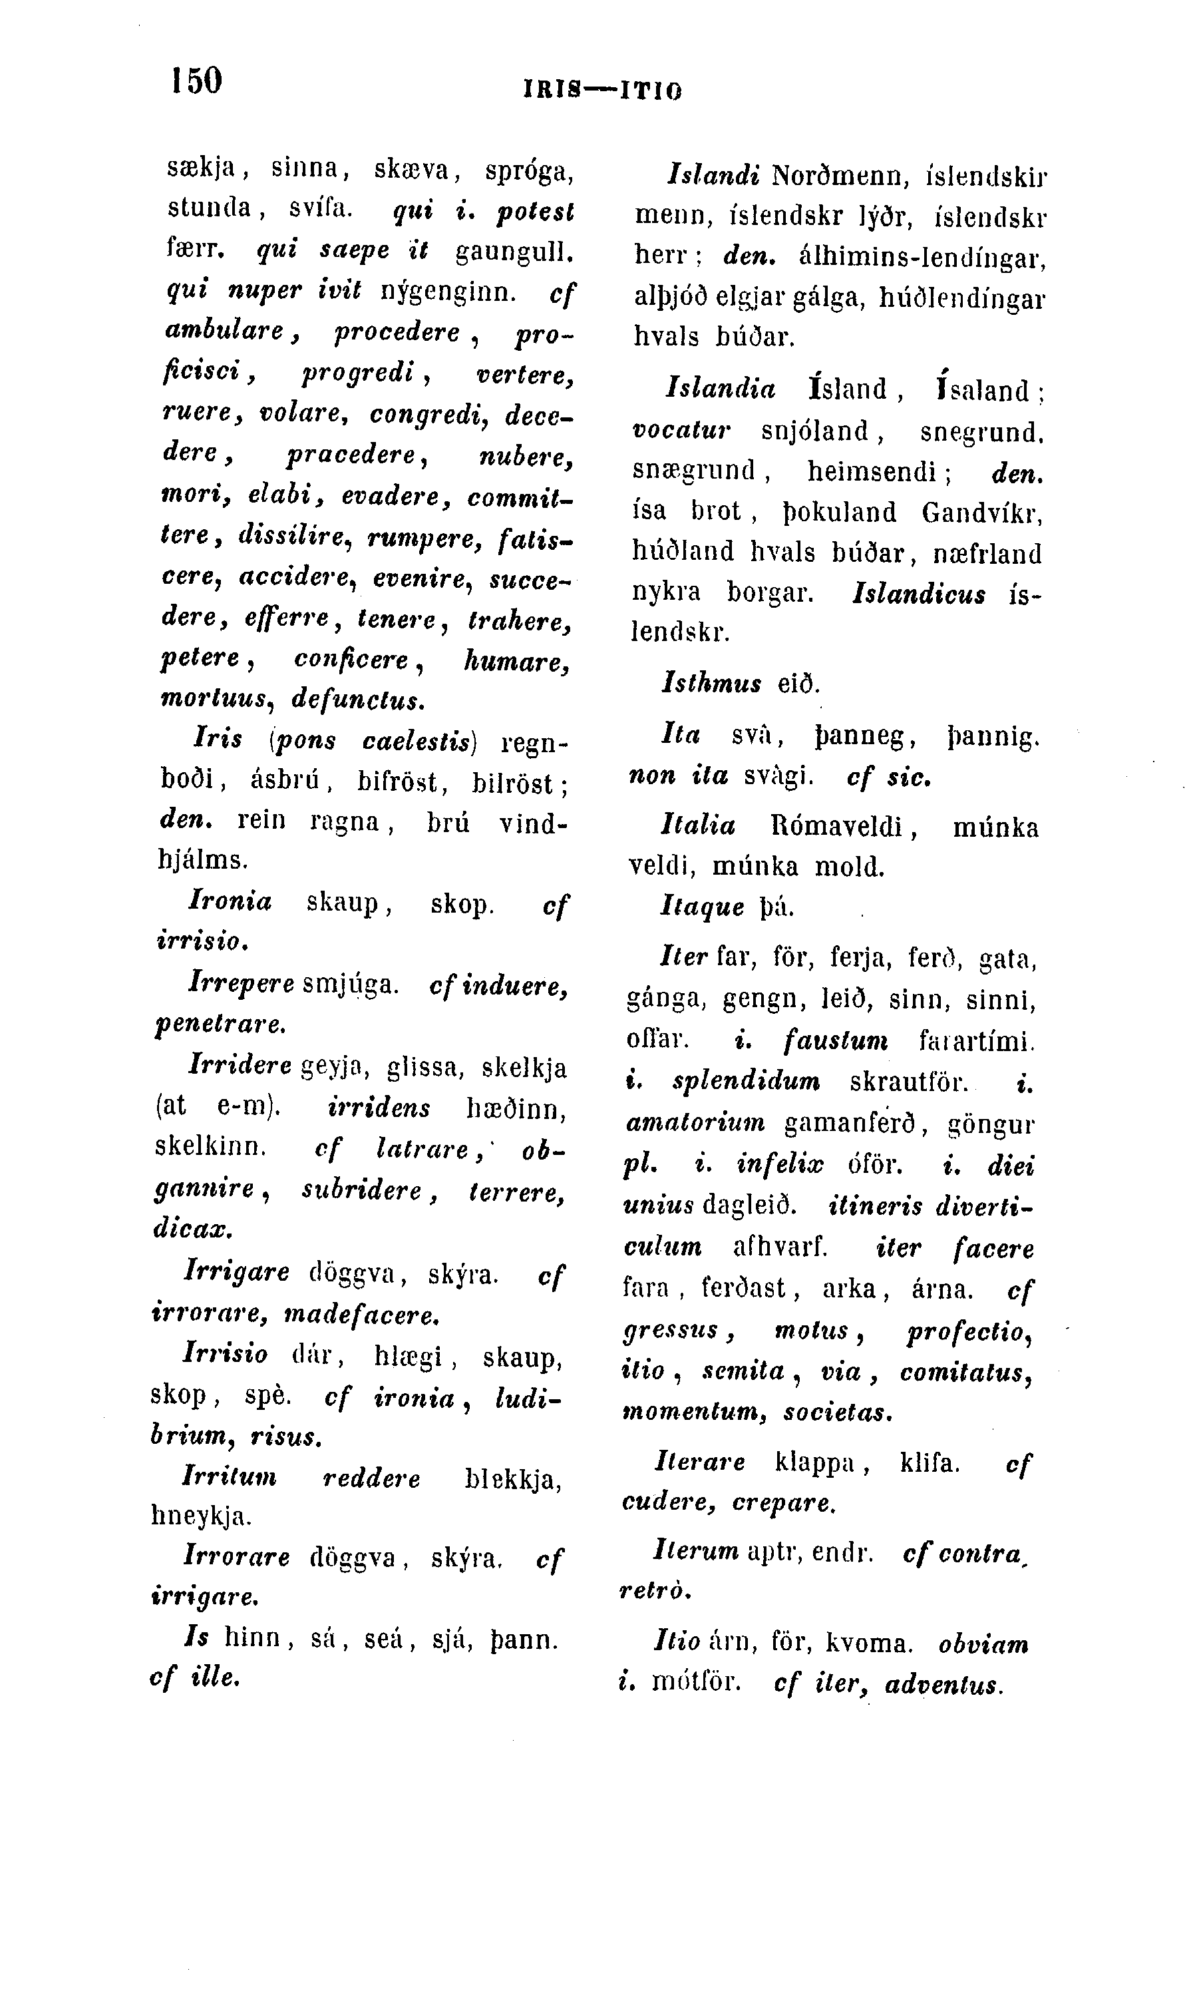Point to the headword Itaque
pos(702,907)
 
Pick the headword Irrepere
pos(241,984)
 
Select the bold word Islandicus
pos(919,594)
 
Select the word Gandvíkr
pos(981,513)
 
